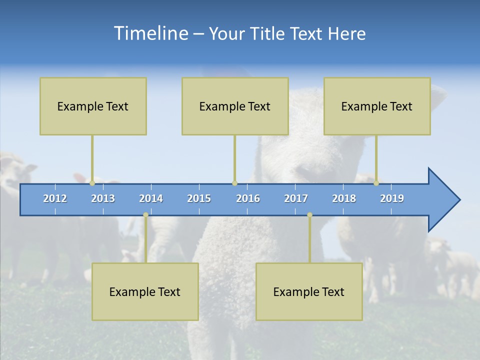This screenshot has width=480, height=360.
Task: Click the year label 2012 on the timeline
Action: (55, 198)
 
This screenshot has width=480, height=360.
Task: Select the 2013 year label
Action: (103, 198)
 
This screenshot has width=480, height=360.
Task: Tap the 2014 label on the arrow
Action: (151, 198)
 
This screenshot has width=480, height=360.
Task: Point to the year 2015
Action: (199, 198)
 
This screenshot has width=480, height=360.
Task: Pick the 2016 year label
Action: (248, 198)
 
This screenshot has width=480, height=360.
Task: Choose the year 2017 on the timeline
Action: (296, 198)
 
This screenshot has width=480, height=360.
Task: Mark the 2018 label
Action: (344, 198)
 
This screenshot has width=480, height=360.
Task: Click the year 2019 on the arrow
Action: (392, 198)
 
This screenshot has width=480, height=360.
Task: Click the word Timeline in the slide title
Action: (150, 33)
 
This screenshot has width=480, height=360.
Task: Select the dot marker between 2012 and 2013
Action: (92, 183)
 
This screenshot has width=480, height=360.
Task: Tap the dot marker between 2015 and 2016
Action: (234, 183)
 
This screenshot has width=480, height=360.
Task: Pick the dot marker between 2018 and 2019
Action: (376, 183)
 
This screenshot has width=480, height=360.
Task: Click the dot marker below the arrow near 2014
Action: (145, 215)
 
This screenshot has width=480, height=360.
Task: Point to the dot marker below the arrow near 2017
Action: (309, 215)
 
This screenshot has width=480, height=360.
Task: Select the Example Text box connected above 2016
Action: (235, 106)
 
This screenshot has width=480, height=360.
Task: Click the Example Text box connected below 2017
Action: (309, 291)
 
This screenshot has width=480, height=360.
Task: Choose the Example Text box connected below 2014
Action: (145, 291)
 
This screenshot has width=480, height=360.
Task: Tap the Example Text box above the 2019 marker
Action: (377, 106)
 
